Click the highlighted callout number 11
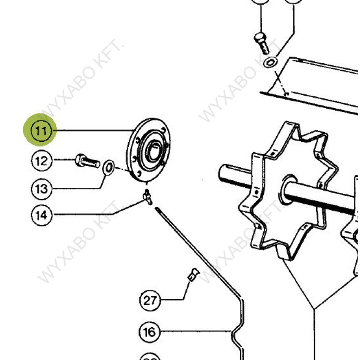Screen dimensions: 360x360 (41, 131)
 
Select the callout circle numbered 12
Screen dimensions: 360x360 (41, 161)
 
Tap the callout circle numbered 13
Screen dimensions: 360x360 (41, 188)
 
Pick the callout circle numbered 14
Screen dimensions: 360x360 (41, 214)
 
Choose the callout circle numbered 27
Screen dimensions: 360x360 (150, 300)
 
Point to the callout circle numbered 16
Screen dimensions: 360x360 (149, 332)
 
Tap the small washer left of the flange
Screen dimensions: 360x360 (108, 167)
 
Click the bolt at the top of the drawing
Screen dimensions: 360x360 (262, 43)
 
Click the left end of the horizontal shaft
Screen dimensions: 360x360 (223, 172)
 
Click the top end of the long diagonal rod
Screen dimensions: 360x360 (157, 210)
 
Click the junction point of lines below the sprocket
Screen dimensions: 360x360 (314, 309)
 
